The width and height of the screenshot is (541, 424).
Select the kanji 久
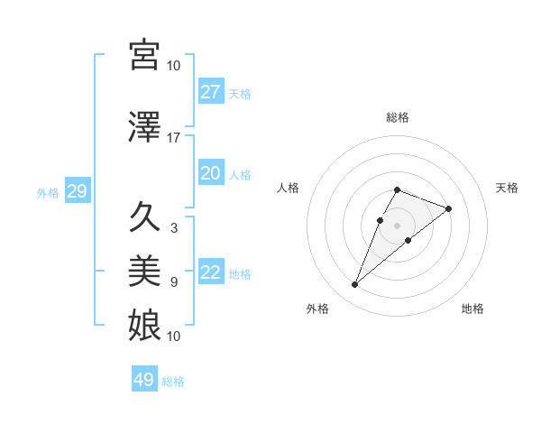coord(144,217)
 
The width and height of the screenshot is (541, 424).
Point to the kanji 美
coord(144,271)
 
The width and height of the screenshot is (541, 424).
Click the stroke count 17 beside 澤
coord(174,138)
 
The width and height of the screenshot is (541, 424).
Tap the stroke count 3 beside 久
coord(174,228)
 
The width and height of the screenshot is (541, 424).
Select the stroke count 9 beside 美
coord(174,282)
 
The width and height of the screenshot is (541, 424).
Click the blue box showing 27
coord(210,92)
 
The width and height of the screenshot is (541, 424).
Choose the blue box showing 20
coord(210,173)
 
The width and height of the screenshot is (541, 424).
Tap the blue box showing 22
coord(210,272)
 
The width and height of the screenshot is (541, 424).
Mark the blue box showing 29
coord(77,191)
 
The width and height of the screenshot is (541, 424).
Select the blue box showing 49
coord(144,380)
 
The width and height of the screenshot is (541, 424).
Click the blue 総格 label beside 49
coord(173,382)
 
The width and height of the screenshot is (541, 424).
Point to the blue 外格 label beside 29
coord(48,192)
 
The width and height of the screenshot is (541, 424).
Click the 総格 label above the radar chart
coord(398,117)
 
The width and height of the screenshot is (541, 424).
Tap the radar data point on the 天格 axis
coord(448,208)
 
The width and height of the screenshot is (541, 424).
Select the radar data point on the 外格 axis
coord(354,285)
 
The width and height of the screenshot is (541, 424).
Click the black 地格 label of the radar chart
coord(472,309)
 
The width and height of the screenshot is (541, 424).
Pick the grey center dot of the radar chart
coord(398,224)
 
